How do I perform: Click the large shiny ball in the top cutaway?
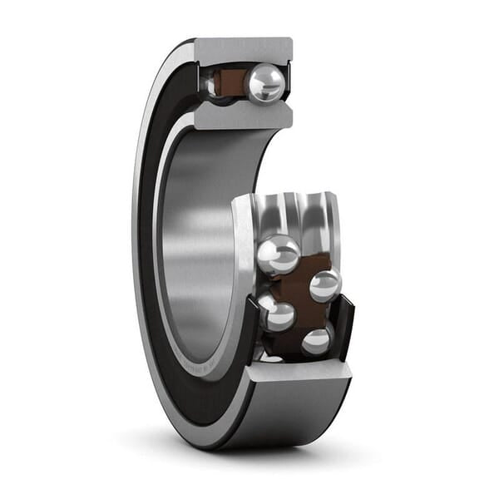point(265,83)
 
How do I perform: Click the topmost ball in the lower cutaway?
point(279,254)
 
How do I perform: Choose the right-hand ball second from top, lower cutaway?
point(324,285)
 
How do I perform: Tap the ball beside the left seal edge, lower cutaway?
point(276,314)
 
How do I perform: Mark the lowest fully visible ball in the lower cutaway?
point(317,340)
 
